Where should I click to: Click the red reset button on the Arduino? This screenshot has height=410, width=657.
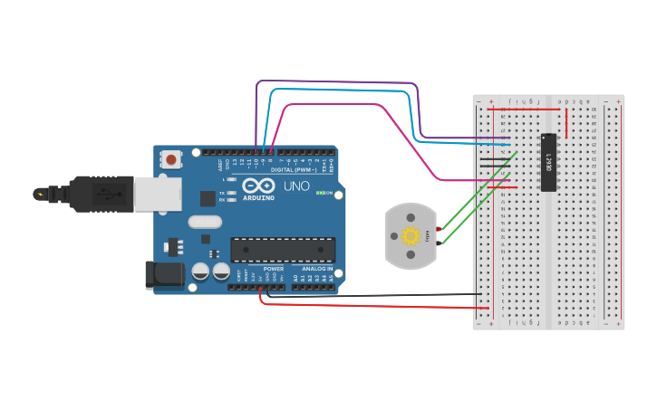pyautogui.click(x=171, y=160)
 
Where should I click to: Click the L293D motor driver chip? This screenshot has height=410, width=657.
pyautogui.click(x=547, y=163)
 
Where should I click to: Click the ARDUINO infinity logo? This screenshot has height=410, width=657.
pyautogui.click(x=258, y=187)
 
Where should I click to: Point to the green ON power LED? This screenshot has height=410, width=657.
pyautogui.click(x=320, y=193)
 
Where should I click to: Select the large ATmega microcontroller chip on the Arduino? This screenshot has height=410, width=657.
pyautogui.click(x=283, y=250)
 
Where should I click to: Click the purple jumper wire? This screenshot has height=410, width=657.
pyautogui.click(x=344, y=82)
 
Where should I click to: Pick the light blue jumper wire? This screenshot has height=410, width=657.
pyautogui.click(x=344, y=91)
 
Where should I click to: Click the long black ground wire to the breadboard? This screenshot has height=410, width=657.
pyautogui.click(x=381, y=295)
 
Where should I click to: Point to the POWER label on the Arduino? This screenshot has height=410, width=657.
pyautogui.click(x=273, y=269)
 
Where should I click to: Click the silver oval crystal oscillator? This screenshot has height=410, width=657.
pyautogui.click(x=205, y=222)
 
